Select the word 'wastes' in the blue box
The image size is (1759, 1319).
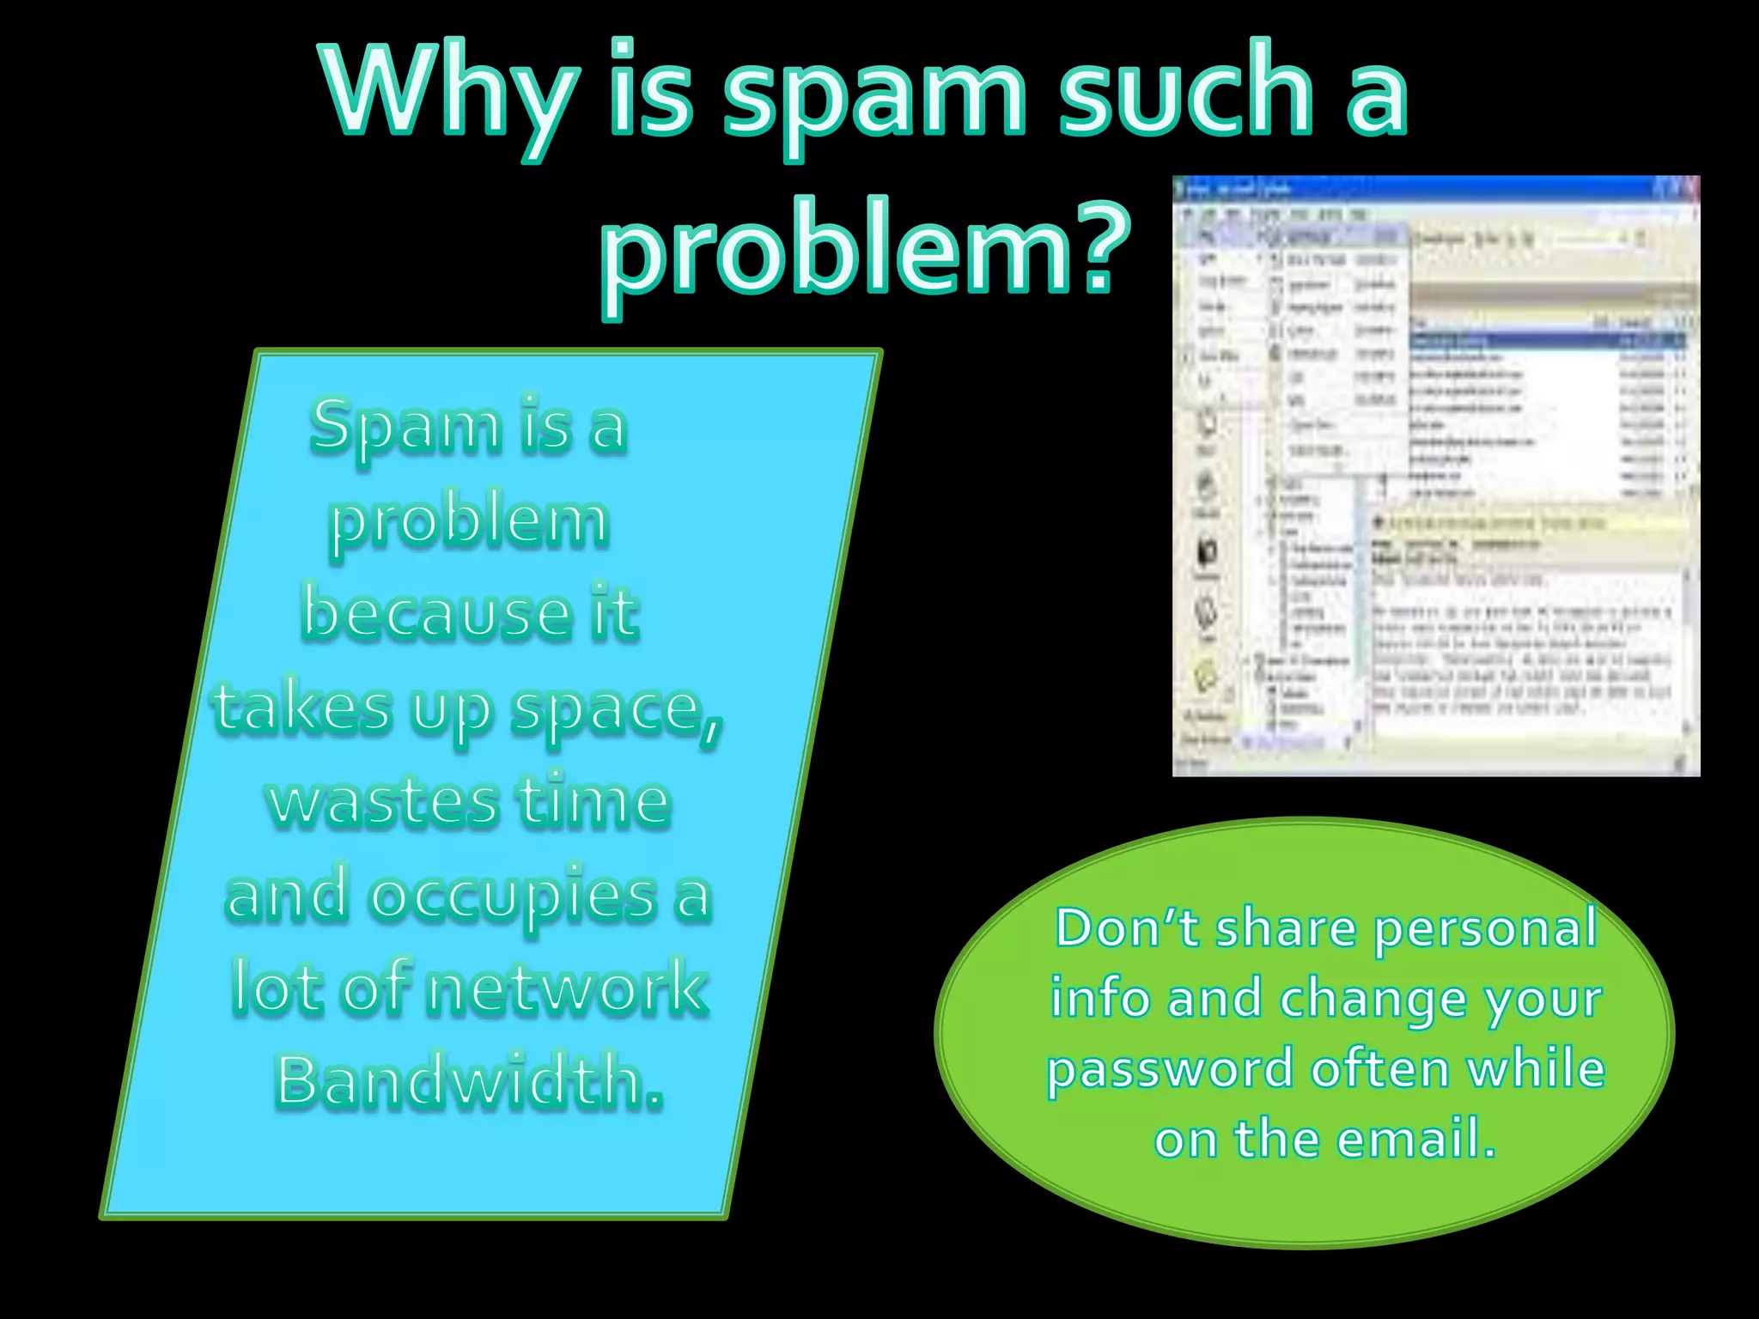[x=383, y=802]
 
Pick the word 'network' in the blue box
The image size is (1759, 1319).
[x=567, y=989]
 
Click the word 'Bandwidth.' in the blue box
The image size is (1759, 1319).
[x=469, y=1082]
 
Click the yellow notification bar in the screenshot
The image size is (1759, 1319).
[x=1529, y=522]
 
